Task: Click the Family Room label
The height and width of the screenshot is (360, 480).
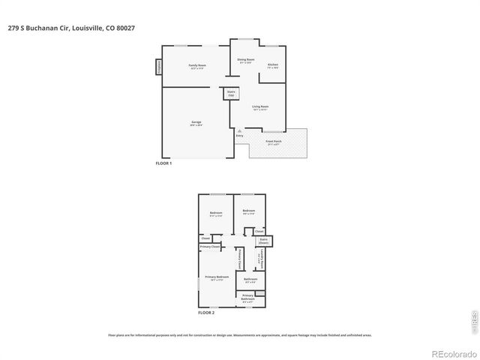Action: pos(197,66)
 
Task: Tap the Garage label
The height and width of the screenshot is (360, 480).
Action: pos(196,123)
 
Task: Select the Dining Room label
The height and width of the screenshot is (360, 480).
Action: pos(246,61)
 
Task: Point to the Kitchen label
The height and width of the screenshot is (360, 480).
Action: pos(273,65)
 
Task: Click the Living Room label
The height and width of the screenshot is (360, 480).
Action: pos(260,108)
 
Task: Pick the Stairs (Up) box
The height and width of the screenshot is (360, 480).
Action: pos(231,94)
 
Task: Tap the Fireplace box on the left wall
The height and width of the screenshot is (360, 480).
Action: pos(159,67)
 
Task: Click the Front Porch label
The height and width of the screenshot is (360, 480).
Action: pos(274,142)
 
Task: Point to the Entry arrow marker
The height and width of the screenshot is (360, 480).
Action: pos(239,130)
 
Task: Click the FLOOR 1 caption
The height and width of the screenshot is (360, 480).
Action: pos(163,163)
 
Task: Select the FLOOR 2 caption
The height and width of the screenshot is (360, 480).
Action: pos(206,313)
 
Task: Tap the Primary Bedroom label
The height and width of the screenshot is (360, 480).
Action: pos(217,278)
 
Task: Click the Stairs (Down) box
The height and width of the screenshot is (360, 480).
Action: pos(263,241)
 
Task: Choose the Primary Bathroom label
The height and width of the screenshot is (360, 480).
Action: pos(248,298)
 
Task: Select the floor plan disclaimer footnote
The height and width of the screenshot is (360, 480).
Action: pos(240,335)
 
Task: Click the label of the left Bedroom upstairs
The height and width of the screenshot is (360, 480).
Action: pos(216,214)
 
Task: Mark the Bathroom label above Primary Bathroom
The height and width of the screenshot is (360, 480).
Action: pos(250,280)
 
